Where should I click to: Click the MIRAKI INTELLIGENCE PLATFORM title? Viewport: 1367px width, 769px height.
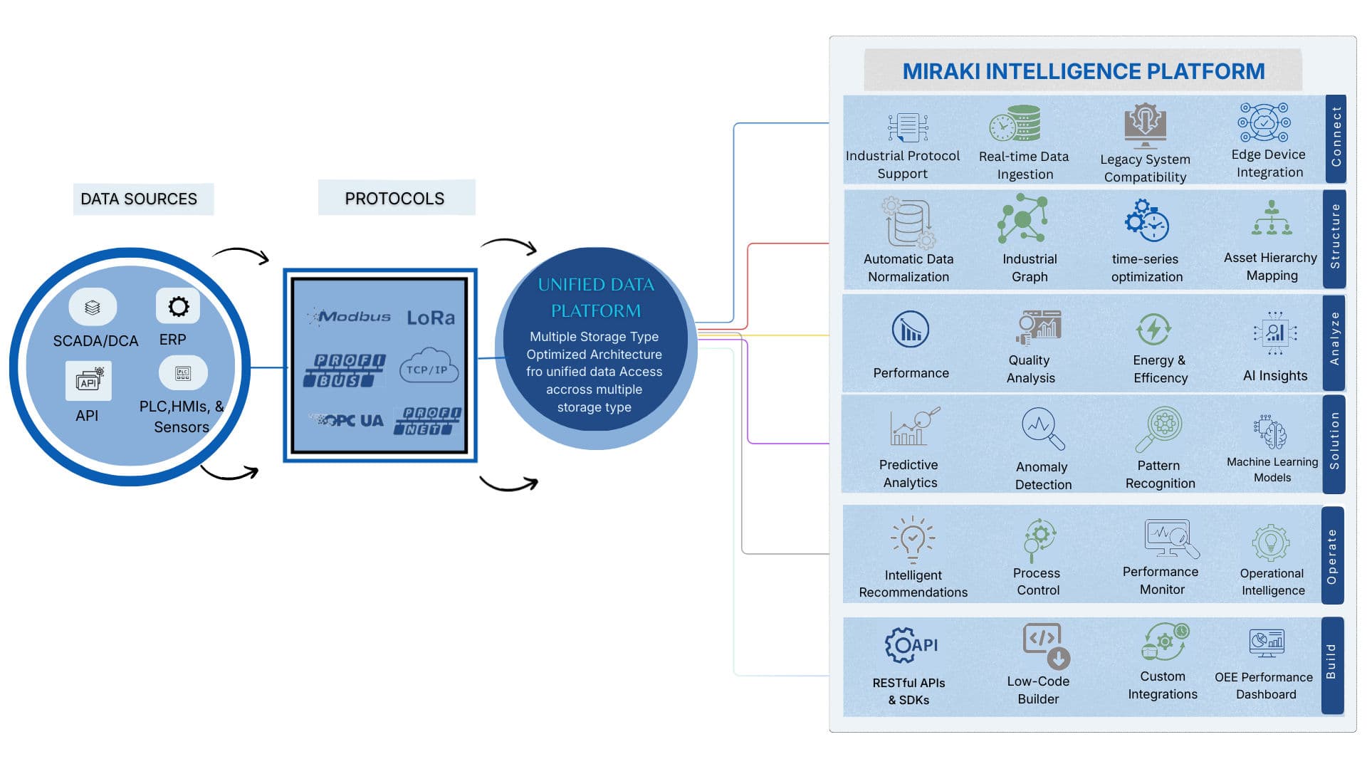coord(1083,71)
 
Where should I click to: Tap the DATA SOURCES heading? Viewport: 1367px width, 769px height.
coord(139,199)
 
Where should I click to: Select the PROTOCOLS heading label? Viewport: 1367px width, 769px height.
coord(394,199)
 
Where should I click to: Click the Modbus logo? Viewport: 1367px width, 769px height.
coord(350,316)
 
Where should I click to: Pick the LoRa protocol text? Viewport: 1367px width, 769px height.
coord(431,318)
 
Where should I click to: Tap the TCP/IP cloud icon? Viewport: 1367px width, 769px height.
coord(428,366)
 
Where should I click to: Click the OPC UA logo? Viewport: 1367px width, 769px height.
coord(348,421)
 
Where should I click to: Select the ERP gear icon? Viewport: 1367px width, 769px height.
coord(178,307)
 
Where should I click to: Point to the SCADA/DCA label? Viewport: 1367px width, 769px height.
coord(95,341)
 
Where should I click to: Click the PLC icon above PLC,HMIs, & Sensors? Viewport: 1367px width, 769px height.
coord(183,373)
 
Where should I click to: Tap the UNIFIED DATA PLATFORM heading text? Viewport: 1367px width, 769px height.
coord(596,298)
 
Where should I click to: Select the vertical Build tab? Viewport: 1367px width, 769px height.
coord(1331,662)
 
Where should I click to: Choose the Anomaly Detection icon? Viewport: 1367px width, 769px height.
coord(1042,428)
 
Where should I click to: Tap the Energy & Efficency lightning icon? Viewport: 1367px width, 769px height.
coord(1153,330)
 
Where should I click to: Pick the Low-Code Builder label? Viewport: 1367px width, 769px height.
coord(1038,690)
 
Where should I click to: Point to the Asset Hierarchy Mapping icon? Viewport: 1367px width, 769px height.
coord(1272,219)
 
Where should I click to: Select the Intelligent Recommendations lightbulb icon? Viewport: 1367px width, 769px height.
coord(912,538)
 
